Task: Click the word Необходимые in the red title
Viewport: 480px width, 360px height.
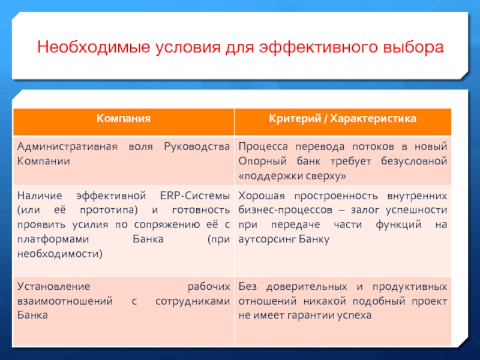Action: coord(94,47)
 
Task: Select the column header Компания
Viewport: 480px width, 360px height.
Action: coord(124,118)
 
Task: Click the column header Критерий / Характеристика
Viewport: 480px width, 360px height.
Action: coord(343,118)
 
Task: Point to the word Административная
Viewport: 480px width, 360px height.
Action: coord(67,146)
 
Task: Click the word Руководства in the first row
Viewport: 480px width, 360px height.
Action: coord(197,147)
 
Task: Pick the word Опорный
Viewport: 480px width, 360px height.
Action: coord(262,161)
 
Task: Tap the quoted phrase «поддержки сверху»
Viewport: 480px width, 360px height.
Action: coord(292,176)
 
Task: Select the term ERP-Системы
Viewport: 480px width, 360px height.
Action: coord(195,196)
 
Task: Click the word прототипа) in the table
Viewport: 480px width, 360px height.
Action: coord(109,211)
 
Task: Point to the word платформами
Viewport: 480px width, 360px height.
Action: coord(53,239)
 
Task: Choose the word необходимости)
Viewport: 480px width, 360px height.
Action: coord(59,254)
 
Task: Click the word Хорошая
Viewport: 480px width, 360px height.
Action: coord(262,196)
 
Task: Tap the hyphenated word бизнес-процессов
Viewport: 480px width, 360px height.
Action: coord(286,211)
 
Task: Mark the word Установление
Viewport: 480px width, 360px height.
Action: coord(53,287)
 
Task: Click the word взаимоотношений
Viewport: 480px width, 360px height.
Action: coord(65,301)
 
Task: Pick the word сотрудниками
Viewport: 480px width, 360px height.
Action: coord(193,302)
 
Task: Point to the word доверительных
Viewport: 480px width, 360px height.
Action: coord(307,287)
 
